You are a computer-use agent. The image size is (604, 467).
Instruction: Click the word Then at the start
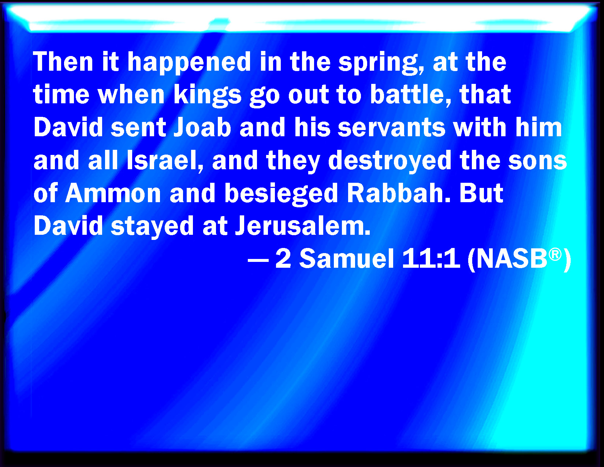63,62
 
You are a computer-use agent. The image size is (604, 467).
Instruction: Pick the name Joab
202,127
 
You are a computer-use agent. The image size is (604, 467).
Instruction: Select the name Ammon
113,194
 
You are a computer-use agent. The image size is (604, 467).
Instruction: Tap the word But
481,193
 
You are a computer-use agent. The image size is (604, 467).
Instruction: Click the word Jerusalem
303,226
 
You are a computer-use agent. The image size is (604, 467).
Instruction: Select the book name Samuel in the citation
347,259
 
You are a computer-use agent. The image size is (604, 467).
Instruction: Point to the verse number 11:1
431,259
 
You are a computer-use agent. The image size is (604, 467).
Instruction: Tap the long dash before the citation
258,260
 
